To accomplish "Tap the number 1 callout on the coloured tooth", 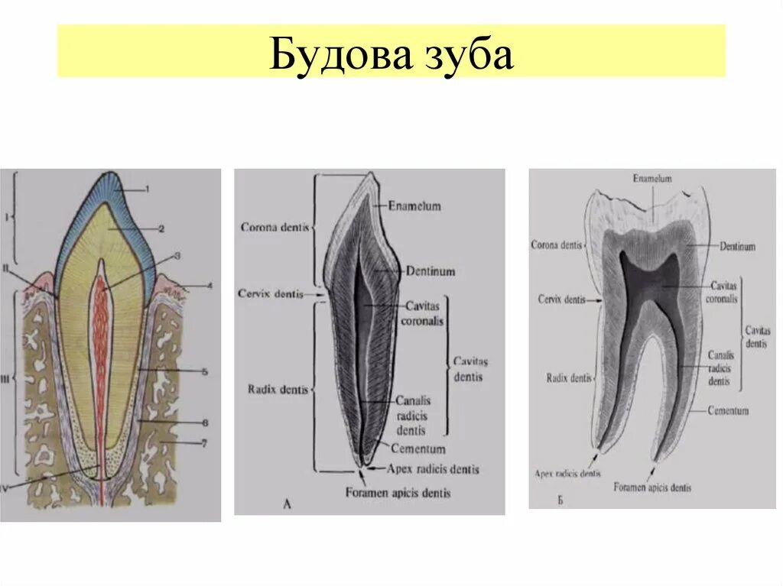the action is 147,188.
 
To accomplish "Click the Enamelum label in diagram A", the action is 414,206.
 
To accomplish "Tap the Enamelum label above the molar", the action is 651,178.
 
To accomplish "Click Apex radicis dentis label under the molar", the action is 567,474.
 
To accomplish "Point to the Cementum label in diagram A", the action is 417,448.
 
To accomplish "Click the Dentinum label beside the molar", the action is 737,247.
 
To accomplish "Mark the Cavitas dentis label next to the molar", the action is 758,338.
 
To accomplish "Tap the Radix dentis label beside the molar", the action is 569,377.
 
